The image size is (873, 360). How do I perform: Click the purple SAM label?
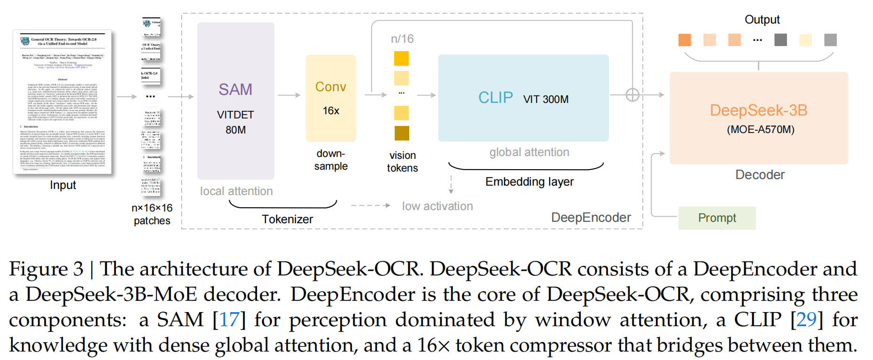click(235, 89)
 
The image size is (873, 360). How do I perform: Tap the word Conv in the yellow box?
click(331, 87)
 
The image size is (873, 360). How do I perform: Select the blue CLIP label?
click(495, 98)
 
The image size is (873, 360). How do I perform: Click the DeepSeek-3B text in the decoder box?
click(758, 110)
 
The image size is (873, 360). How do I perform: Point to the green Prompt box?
click(717, 218)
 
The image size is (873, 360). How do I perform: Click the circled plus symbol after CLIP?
click(632, 95)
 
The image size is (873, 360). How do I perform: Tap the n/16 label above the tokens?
click(402, 39)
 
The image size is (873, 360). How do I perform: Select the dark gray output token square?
click(780, 40)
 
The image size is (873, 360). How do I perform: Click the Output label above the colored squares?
click(762, 20)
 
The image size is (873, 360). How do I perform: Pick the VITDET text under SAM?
click(235, 115)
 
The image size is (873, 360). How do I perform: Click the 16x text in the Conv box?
click(331, 111)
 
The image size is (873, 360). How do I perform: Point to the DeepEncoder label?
click(591, 218)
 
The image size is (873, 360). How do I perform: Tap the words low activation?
click(437, 206)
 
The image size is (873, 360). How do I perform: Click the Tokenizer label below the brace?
click(287, 219)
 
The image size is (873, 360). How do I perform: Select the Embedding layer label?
click(530, 182)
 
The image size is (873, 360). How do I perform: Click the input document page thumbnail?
click(62, 102)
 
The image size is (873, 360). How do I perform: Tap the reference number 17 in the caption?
click(229, 320)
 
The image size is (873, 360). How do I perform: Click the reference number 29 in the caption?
click(806, 320)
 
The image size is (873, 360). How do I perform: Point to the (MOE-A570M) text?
click(760, 130)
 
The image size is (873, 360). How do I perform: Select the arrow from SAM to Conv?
click(289, 95)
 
